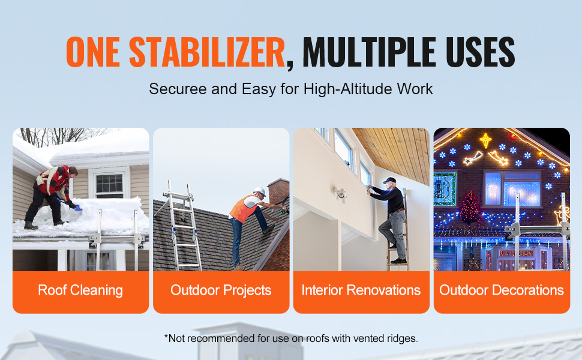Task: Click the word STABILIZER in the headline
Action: pyautogui.click(x=207, y=52)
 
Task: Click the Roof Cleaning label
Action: pyautogui.click(x=80, y=290)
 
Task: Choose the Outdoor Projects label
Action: pyautogui.click(x=221, y=290)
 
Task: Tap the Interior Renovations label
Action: pyautogui.click(x=361, y=290)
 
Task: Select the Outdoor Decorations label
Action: pyautogui.click(x=502, y=290)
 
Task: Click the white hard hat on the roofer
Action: pyautogui.click(x=259, y=191)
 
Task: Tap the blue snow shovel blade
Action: pyautogui.click(x=77, y=207)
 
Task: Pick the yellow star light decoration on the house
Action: pyautogui.click(x=485, y=140)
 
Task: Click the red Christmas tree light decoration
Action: pyautogui.click(x=470, y=208)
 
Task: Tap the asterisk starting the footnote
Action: pyautogui.click(x=166, y=337)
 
